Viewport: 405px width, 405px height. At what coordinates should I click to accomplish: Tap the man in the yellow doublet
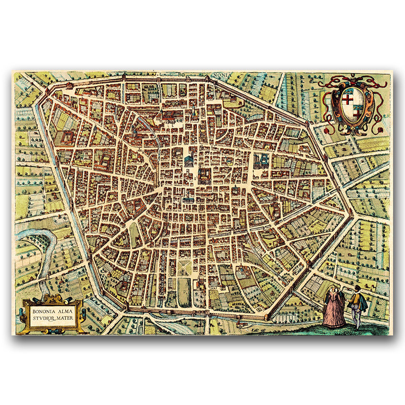pos(357,305)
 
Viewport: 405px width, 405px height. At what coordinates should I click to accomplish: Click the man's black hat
pos(354,290)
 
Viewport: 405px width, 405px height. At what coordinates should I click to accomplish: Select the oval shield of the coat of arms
pos(353,104)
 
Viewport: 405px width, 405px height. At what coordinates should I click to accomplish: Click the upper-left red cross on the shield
pos(348,99)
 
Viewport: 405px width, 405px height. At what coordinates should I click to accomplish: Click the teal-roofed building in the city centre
pos(189,159)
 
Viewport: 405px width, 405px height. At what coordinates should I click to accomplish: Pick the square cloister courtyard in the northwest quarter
pos(65,138)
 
